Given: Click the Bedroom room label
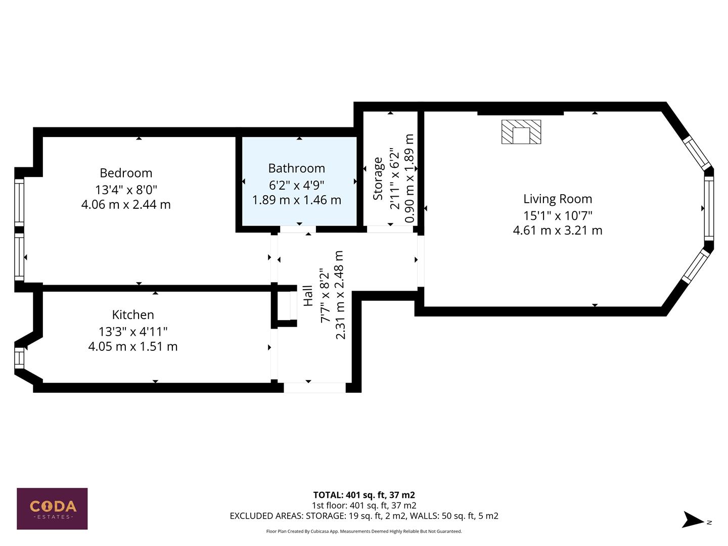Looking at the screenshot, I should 126,173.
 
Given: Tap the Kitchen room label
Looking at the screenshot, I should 133,314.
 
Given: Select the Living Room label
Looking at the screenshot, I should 557,199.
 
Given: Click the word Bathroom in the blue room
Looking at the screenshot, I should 296,168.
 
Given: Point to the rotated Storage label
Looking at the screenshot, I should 378,178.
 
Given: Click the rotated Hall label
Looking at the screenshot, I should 307,296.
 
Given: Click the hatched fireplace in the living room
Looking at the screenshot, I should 521,132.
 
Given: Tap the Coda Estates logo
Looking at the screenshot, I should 52,509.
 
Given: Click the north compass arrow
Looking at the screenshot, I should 693,520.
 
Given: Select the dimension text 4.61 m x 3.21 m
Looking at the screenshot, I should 557,231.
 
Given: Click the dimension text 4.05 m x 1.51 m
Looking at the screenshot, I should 133,347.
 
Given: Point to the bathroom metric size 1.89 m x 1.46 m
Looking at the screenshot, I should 296,200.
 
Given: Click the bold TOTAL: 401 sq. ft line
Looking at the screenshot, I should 364,495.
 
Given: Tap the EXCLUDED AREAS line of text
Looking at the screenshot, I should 364,516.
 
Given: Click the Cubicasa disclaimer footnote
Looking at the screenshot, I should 364,531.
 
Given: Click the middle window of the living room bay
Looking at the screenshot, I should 709,209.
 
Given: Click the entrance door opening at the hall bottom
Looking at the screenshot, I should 314,388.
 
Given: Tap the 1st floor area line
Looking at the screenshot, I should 364,506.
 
